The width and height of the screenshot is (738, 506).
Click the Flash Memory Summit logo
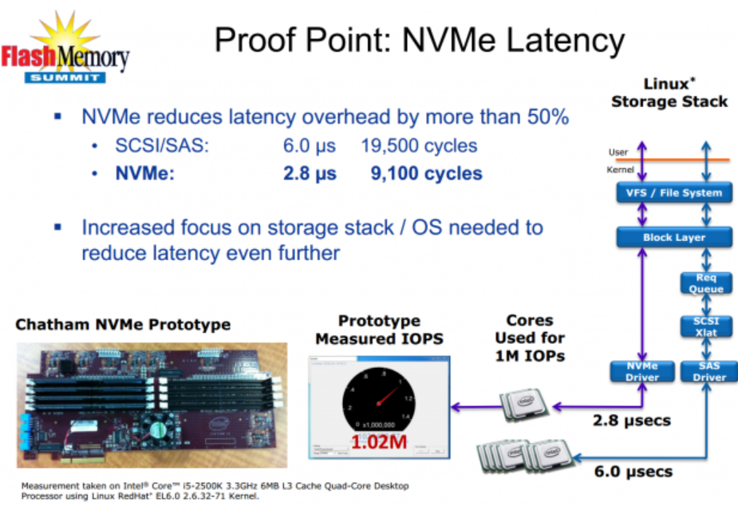tap(65, 50)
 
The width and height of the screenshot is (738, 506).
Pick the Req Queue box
tap(705, 283)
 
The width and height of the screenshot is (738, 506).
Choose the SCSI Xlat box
tap(705, 326)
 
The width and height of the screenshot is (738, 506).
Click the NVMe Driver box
tap(643, 372)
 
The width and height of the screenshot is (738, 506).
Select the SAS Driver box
tap(705, 372)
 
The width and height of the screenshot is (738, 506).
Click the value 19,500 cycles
tap(419, 146)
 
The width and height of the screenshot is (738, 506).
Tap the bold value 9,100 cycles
tap(426, 173)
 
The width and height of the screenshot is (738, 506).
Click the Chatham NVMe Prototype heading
tap(123, 324)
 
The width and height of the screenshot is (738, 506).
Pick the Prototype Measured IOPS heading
tap(379, 330)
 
